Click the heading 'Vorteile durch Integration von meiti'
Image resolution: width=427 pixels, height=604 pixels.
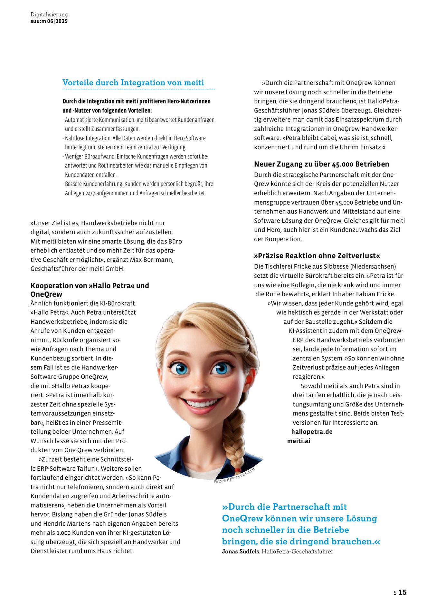pos(133,82)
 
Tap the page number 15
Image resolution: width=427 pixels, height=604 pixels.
pos(403,592)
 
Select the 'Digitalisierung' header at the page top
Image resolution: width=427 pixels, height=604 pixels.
pos(49,14)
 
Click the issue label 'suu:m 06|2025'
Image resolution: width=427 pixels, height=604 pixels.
pos(49,21)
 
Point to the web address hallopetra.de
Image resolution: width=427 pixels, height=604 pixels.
pos(312,432)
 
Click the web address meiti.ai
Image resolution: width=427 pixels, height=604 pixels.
pos(299,441)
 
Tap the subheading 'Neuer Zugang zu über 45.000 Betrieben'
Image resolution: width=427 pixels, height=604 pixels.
pos(321,164)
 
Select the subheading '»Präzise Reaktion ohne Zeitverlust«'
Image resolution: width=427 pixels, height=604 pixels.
pos(317,256)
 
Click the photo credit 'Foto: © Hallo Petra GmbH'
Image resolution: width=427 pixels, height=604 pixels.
pos(234,475)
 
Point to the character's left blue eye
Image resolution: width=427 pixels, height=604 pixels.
pos(181,368)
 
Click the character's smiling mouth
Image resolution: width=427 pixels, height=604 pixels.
pos(200,404)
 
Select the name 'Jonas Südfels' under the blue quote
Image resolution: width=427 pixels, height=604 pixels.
pos(240,551)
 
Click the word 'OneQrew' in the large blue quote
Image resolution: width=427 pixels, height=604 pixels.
pos(242,518)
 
